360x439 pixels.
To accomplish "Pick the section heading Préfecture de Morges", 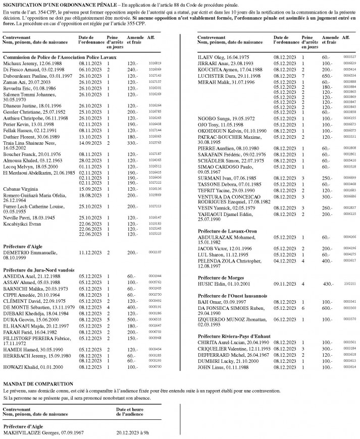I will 221,278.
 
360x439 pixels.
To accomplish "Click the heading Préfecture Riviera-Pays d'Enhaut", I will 235,335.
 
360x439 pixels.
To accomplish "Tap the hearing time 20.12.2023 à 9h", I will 132,432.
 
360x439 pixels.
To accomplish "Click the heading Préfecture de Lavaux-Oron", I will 226,231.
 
